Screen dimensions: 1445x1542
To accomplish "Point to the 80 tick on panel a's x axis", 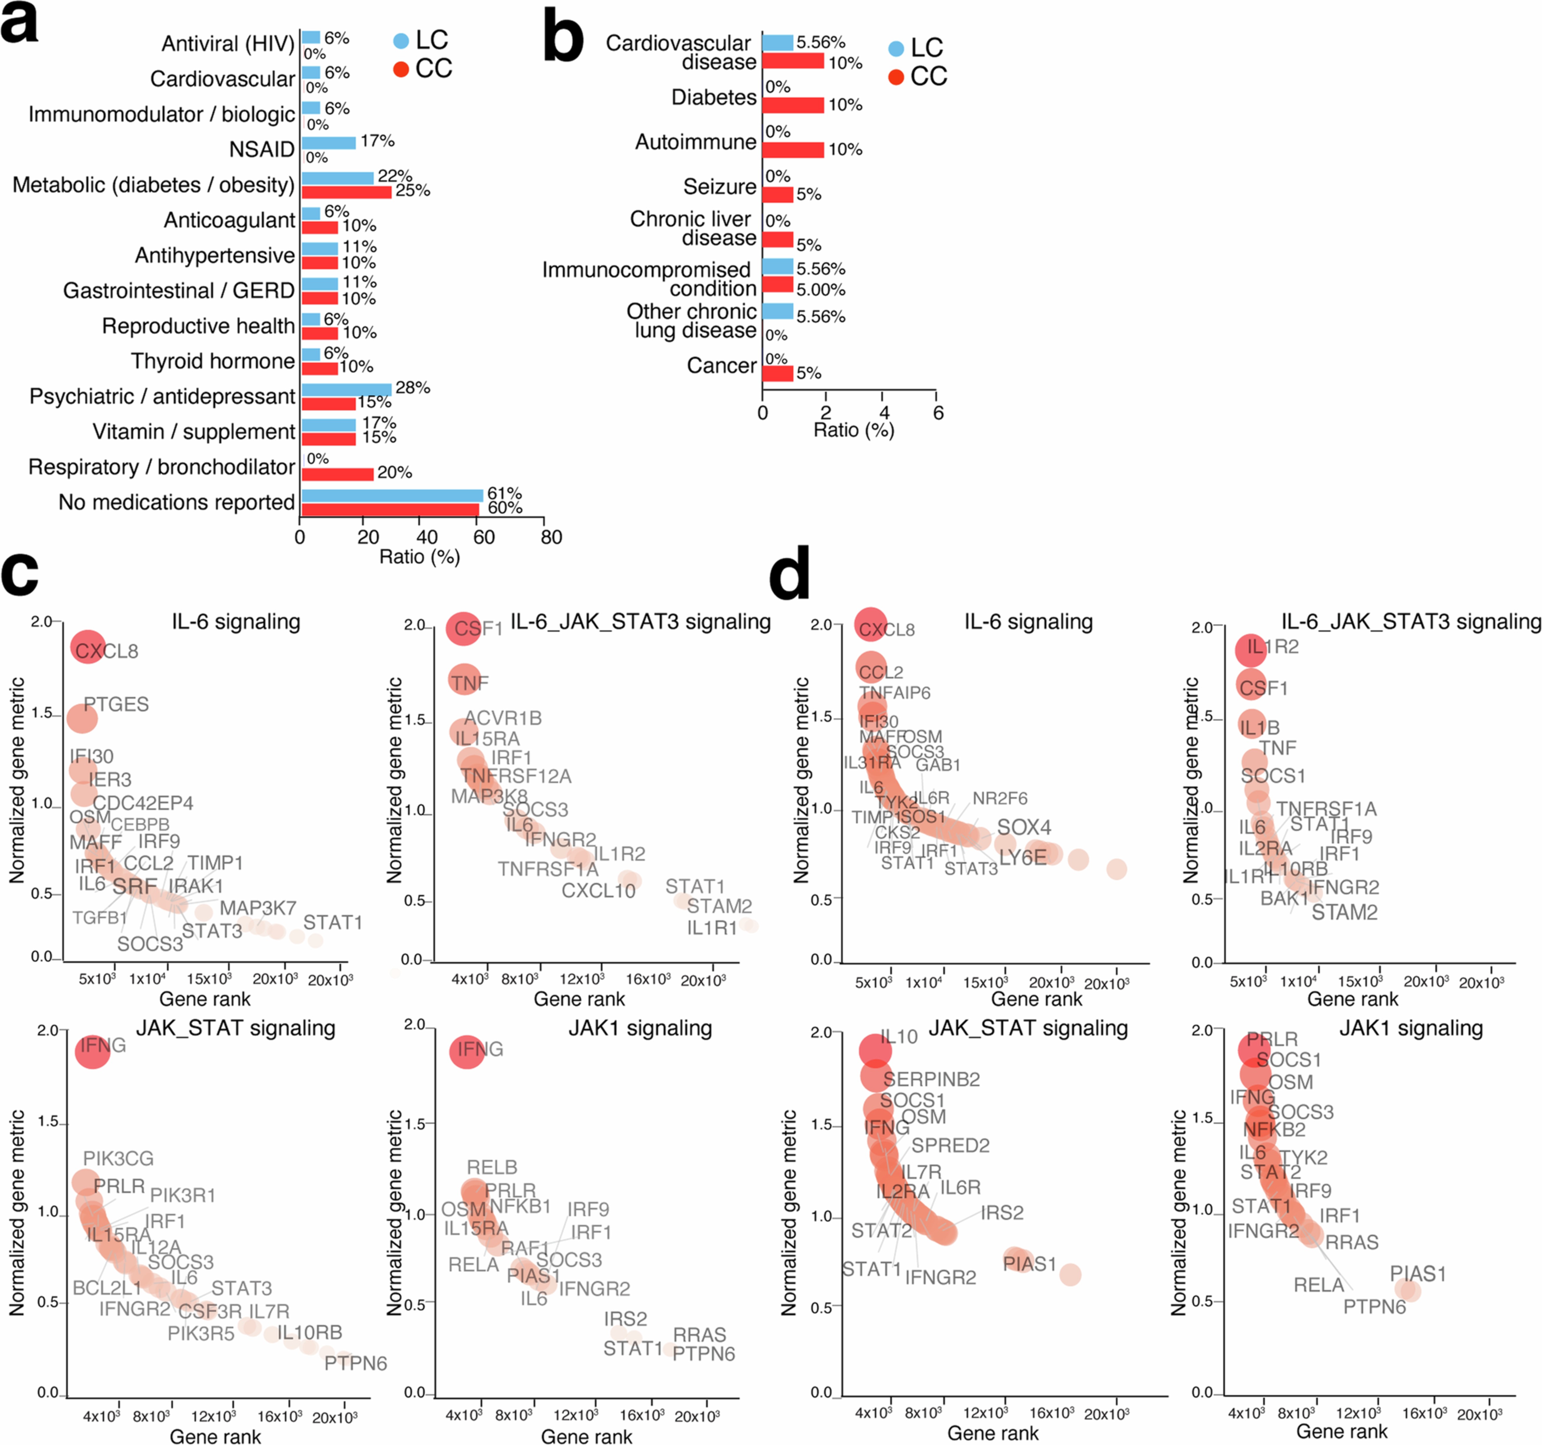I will (x=552, y=537).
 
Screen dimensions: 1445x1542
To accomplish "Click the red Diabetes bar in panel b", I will (x=793, y=105).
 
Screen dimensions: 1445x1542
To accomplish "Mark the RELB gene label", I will (x=492, y=1167).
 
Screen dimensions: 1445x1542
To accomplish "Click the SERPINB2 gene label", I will (x=932, y=1079).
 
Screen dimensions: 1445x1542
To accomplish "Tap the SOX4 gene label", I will (x=1024, y=828).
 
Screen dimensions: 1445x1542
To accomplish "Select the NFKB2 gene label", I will (x=1274, y=1130).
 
